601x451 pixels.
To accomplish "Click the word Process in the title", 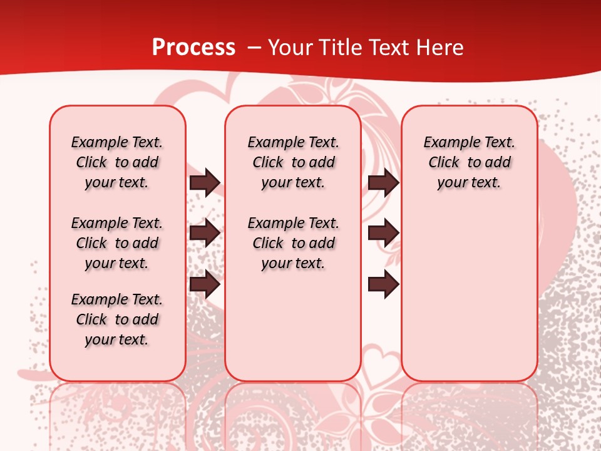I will click(x=193, y=47).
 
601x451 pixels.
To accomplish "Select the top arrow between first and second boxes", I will click(x=205, y=182).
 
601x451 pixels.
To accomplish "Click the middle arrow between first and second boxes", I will click(x=205, y=233).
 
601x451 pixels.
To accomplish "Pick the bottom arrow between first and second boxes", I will click(x=205, y=285).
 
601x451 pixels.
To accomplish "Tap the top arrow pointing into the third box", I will click(x=383, y=182).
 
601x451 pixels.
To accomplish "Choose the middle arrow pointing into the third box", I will click(x=383, y=233).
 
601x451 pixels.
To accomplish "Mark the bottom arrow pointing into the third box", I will click(x=383, y=284).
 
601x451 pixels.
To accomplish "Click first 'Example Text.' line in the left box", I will click(x=117, y=142).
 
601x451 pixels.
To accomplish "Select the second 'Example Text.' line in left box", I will click(x=117, y=223).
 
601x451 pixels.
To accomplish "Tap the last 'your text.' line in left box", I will click(x=116, y=340).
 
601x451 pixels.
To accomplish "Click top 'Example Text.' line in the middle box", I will click(x=293, y=142).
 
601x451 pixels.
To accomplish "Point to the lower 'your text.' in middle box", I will click(x=293, y=263).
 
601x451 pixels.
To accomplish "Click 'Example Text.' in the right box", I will click(x=469, y=142).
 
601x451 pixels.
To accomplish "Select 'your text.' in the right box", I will click(x=469, y=182).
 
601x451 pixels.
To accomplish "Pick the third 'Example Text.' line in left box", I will click(x=117, y=299).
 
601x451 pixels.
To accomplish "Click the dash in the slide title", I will click(x=255, y=48).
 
